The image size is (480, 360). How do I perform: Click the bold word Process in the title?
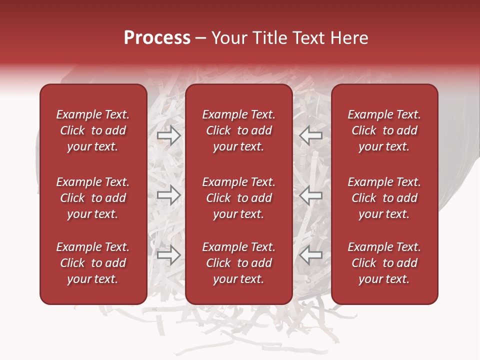click(x=157, y=38)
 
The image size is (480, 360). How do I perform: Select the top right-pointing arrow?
click(x=168, y=135)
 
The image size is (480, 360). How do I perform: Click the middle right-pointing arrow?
click(x=168, y=195)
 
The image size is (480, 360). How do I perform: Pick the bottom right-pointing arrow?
click(x=168, y=255)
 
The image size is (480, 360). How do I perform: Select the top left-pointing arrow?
click(x=311, y=135)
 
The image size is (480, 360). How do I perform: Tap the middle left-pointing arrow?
click(x=311, y=195)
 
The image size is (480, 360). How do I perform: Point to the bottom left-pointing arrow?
click(x=311, y=255)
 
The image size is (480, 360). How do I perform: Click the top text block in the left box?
click(x=93, y=130)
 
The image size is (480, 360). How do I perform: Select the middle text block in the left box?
click(x=93, y=198)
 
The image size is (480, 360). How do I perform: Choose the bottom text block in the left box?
click(x=93, y=263)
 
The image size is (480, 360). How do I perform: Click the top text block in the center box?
click(x=238, y=130)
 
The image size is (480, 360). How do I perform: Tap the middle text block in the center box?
click(x=238, y=198)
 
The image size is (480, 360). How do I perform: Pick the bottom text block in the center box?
click(x=238, y=263)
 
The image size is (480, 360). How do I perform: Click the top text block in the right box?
click(x=384, y=130)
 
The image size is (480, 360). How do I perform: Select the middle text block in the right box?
click(x=384, y=198)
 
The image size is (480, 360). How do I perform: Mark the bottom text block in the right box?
click(x=384, y=263)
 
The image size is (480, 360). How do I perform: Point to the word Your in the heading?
click(x=227, y=38)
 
